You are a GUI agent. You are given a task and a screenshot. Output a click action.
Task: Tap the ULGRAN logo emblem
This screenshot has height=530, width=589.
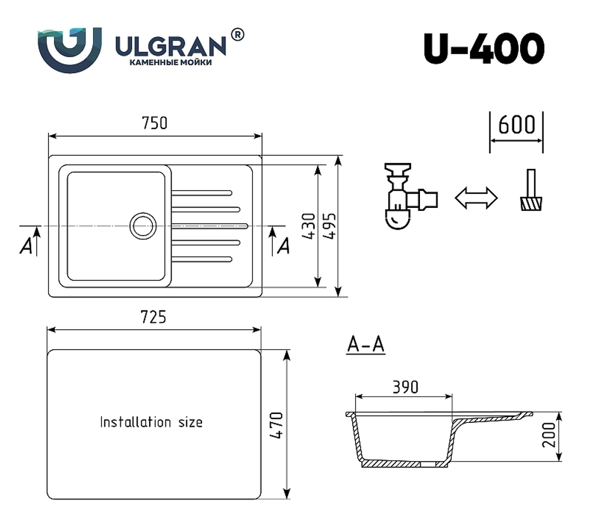pyautogui.click(x=70, y=49)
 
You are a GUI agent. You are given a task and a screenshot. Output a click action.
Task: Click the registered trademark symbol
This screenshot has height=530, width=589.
pyautogui.click(x=237, y=35)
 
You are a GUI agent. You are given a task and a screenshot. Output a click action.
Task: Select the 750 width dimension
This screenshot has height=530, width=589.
pyautogui.click(x=154, y=123)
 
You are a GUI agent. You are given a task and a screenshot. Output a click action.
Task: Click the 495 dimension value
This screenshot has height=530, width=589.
pyautogui.click(x=329, y=226)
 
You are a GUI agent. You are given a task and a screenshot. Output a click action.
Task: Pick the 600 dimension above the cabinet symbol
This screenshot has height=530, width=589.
pyautogui.click(x=517, y=125)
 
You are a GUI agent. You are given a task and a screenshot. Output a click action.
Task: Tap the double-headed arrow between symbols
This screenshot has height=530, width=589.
pyautogui.click(x=476, y=198)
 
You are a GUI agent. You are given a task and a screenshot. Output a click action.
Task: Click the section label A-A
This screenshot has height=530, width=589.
pyautogui.click(x=365, y=344)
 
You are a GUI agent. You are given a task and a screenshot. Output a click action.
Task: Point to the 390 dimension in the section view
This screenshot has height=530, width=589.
pyautogui.click(x=405, y=386)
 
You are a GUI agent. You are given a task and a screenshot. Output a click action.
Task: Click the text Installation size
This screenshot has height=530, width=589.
pyautogui.click(x=151, y=422)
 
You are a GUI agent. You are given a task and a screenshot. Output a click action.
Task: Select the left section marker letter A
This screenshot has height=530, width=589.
pyautogui.click(x=25, y=247)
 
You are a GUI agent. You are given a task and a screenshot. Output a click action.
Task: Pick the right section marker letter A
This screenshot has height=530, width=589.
pyautogui.click(x=283, y=246)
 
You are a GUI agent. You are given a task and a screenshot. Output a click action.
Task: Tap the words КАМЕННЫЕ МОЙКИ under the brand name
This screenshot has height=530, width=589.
pyautogui.click(x=170, y=62)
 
